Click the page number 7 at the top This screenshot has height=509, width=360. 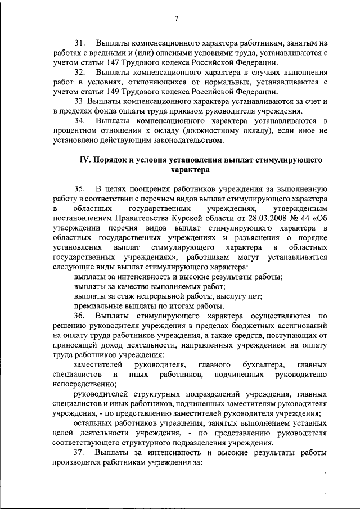click(x=176, y=18)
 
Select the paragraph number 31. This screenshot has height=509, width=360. click(x=81, y=43)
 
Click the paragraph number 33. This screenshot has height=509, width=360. click(x=81, y=101)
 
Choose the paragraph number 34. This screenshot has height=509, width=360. click(x=81, y=120)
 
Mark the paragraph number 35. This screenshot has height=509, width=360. click(x=81, y=188)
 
